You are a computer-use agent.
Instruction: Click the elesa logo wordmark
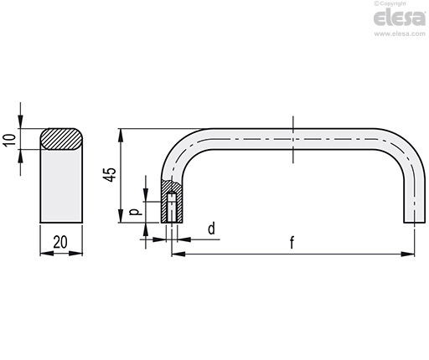(400, 18)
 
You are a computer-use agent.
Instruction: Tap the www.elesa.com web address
(400, 34)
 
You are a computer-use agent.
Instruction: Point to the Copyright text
(390, 3)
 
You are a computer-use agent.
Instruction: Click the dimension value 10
(10, 139)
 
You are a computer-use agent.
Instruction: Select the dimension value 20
(60, 242)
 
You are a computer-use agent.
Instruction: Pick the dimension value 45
(111, 175)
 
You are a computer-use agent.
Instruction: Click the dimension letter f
(292, 242)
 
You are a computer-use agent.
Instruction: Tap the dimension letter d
(212, 229)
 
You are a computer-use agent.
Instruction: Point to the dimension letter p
(136, 212)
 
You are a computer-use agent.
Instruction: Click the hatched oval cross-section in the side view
(61, 139)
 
